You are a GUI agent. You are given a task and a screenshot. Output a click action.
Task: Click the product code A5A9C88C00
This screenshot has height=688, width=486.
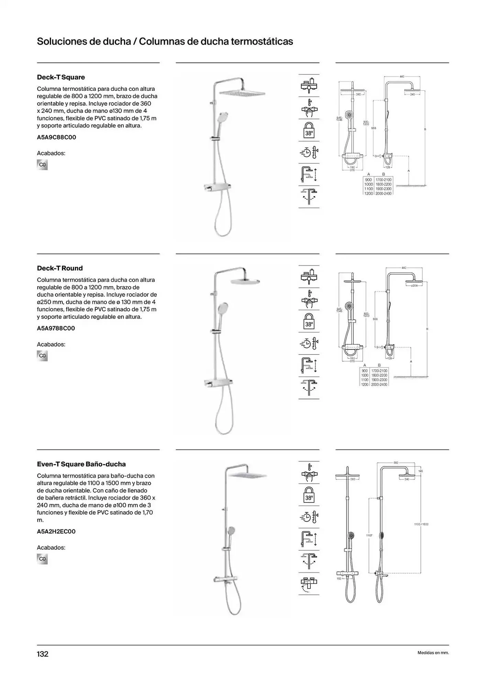56,137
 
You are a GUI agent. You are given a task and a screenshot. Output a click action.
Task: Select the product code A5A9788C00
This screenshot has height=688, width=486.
56,328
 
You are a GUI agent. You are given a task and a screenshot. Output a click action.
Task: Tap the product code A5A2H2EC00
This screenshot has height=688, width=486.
56,531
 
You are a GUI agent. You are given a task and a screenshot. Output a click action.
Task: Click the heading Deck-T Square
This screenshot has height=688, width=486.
61,77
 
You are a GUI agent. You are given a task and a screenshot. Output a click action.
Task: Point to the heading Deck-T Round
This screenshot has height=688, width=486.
60,268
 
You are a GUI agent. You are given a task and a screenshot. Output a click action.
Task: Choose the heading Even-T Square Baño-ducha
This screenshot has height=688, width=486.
81,464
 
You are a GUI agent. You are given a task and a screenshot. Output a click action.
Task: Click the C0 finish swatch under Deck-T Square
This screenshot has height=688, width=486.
42,165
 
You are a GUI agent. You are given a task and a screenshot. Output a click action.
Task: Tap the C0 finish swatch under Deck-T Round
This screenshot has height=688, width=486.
42,356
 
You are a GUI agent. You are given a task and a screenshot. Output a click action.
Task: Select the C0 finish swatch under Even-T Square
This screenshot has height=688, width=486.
42,559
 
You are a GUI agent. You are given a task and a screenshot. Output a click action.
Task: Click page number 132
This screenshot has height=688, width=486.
43,654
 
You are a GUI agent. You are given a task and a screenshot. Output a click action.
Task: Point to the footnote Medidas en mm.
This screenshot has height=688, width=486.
433,653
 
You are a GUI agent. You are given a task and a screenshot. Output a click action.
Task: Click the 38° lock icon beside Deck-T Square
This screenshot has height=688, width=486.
309,130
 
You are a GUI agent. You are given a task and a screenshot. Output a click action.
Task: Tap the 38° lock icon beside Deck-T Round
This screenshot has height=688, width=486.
309,321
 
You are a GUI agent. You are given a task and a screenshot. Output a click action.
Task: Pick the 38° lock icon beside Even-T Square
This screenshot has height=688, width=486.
309,495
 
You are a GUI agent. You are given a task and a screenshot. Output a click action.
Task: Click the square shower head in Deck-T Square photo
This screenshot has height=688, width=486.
243,93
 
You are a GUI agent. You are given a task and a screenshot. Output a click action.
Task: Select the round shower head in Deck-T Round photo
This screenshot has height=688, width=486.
245,281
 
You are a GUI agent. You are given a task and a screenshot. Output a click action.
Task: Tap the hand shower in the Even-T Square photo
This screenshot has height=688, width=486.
231,531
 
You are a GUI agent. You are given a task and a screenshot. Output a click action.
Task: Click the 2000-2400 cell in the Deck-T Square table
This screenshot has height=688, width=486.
383,193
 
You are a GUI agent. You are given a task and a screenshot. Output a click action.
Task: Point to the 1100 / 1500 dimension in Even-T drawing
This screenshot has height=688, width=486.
421,524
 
